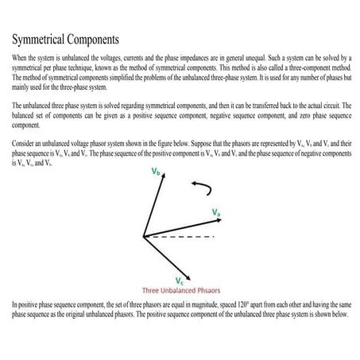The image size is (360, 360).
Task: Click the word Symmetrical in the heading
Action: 44,38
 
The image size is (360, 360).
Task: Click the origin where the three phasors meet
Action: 143,237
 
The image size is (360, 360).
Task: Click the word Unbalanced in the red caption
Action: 183,290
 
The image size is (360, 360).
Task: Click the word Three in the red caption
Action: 153,290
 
